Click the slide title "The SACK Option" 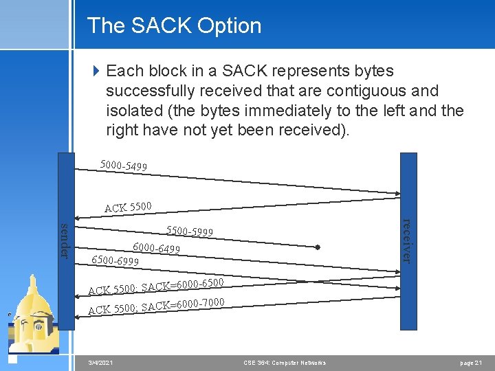(x=174, y=25)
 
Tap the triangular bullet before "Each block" (x=96, y=71)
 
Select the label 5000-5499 (x=123, y=165)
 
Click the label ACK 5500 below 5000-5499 (x=128, y=207)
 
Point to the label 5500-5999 (x=190, y=232)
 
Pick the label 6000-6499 (x=156, y=247)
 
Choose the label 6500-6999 (x=115, y=260)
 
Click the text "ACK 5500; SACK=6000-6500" (x=155, y=285)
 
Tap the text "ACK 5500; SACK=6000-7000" (x=155, y=306)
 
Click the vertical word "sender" (x=65, y=241)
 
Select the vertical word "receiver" (x=407, y=240)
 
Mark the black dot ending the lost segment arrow (x=318, y=247)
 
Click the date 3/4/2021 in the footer (x=101, y=362)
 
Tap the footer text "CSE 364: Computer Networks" (x=285, y=362)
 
